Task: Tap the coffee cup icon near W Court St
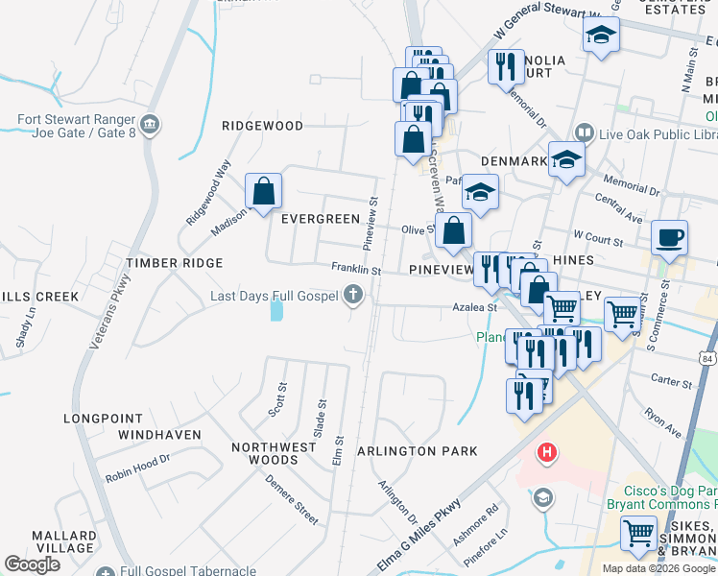[x=669, y=236]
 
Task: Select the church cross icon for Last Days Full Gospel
[x=353, y=296]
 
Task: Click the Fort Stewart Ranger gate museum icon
[x=150, y=125]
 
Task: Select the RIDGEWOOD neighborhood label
[x=262, y=126]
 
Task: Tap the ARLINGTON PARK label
[x=417, y=451]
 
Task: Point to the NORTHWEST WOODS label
[x=274, y=453]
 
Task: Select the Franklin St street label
[x=356, y=272]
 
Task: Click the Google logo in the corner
[x=32, y=564]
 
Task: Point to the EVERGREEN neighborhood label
[x=320, y=219]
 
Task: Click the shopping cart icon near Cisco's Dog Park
[x=638, y=532]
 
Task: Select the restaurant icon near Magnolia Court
[x=505, y=66]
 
